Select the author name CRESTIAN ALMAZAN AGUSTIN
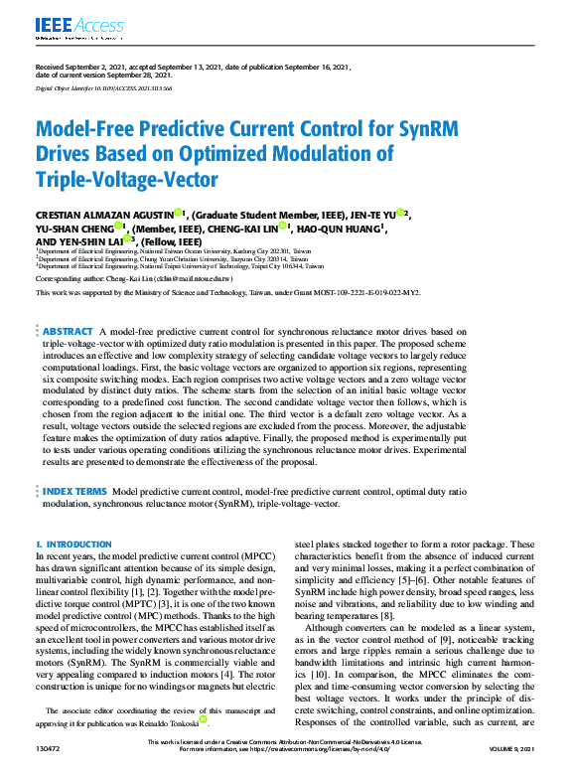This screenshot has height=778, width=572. point(104,214)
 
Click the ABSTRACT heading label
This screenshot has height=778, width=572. point(68,331)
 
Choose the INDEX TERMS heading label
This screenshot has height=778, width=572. point(75,492)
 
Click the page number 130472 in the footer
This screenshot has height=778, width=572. point(48,770)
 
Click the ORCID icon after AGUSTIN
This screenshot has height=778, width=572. point(179,213)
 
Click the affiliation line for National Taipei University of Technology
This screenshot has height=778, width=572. point(181,267)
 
